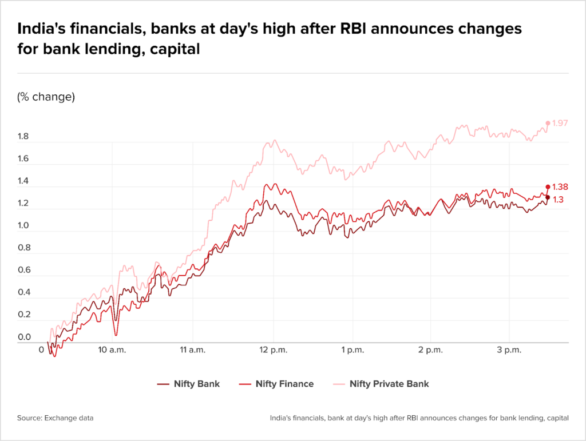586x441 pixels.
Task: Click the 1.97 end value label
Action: [x=560, y=123]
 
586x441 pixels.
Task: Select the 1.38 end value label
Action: [x=560, y=187]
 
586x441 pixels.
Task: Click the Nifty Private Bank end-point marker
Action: [x=548, y=123]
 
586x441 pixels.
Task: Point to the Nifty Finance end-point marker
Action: [x=548, y=186]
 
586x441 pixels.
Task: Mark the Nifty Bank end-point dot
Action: [x=548, y=197]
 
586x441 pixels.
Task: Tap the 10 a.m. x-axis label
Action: [x=112, y=349]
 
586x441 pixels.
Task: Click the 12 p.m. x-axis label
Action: [x=274, y=349]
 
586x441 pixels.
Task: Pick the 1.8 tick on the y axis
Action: [x=23, y=137]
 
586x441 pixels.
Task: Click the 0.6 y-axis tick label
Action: [x=23, y=271]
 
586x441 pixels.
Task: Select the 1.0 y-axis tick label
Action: [x=23, y=226]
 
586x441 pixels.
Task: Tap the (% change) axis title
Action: [x=46, y=97]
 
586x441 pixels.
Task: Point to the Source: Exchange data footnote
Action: [x=55, y=418]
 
